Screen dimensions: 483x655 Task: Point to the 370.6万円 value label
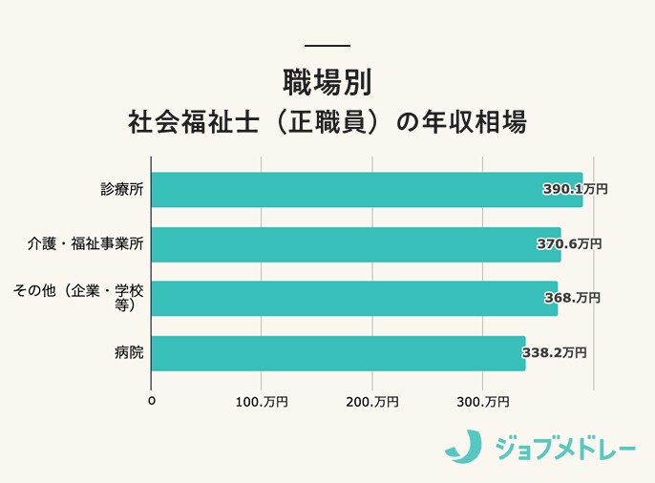click(x=568, y=244)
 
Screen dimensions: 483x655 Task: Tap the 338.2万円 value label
click(x=554, y=353)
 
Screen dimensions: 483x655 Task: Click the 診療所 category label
click(x=122, y=190)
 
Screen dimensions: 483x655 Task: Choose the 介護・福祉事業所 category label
click(x=86, y=244)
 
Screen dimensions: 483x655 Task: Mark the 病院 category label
click(x=129, y=353)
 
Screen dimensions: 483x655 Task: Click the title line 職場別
click(x=327, y=81)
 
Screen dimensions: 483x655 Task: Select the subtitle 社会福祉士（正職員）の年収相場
click(x=327, y=124)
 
